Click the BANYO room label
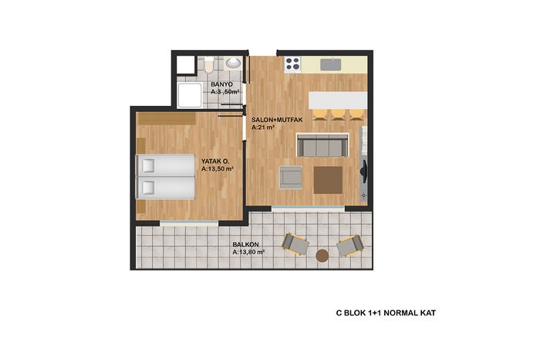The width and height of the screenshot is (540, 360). coord(222,84)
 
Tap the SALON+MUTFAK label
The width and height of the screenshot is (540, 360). coord(277,120)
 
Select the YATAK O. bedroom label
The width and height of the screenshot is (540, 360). coord(215,161)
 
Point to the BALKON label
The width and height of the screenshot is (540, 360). coord(245,244)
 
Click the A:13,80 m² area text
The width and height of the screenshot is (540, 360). coord(248,252)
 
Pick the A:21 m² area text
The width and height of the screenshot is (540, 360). coord(263,127)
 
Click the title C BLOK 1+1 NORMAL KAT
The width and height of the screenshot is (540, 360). coord(386,313)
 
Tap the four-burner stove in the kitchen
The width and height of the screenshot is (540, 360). coord(292,64)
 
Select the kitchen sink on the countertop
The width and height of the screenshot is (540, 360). coord(331,64)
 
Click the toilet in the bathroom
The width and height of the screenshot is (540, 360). coord(209,64)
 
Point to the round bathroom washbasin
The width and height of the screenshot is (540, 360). coord(233,63)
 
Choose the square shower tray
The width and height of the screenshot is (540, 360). coord(189,95)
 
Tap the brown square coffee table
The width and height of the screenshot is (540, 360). coord(328,180)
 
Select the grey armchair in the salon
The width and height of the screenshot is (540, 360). coord(290,177)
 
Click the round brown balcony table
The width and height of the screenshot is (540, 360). coord(322,256)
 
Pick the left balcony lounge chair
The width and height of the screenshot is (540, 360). coord(295,244)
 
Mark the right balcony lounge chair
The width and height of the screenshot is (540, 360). coord(349,246)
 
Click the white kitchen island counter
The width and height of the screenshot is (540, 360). coord(338,100)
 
